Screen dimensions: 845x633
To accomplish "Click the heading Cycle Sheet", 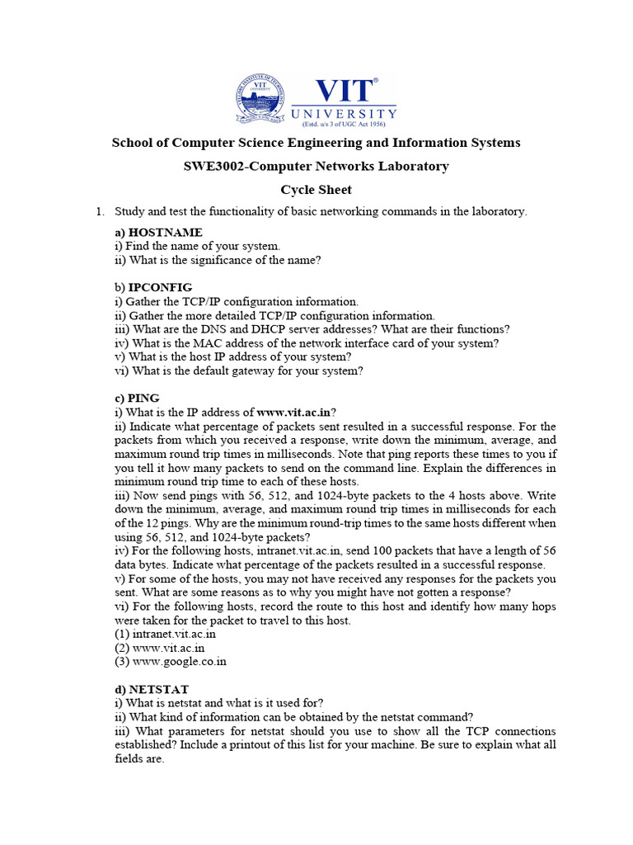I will (316, 189).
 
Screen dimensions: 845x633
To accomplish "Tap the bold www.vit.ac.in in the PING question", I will (293, 412).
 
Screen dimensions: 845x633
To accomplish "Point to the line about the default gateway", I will (238, 371).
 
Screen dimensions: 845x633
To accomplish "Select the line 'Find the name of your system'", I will (197, 246).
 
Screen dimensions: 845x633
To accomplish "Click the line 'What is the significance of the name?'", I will (218, 259).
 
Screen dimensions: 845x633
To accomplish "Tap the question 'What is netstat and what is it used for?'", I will (218, 703).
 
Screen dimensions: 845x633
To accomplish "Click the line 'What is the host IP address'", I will (233, 356).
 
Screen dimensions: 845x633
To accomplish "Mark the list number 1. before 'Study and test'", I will (100, 211).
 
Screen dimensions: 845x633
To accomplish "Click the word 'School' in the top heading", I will (133, 143).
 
